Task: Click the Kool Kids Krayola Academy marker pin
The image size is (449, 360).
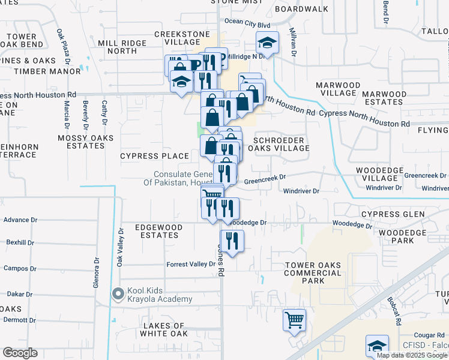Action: tap(118, 294)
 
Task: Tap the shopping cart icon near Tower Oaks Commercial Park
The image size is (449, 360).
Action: tap(294, 320)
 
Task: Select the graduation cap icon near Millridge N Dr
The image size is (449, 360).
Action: tap(267, 43)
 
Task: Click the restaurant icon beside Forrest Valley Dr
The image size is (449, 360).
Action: tap(232, 241)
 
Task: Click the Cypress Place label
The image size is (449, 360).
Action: tap(154, 156)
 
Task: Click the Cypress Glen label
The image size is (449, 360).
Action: tap(393, 214)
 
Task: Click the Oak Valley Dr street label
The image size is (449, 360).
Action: tap(120, 247)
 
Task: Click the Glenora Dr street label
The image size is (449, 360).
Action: tap(96, 273)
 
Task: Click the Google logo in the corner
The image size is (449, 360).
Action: tap(20, 353)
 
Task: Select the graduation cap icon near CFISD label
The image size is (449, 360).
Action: tap(377, 346)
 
